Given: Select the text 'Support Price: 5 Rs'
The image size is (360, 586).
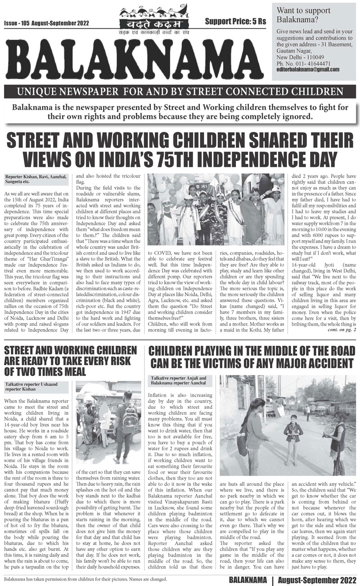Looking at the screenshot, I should (235, 22).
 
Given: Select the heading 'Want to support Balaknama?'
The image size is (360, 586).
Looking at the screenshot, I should (304, 15).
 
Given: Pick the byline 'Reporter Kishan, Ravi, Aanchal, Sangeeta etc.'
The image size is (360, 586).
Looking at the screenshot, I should (36, 179).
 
